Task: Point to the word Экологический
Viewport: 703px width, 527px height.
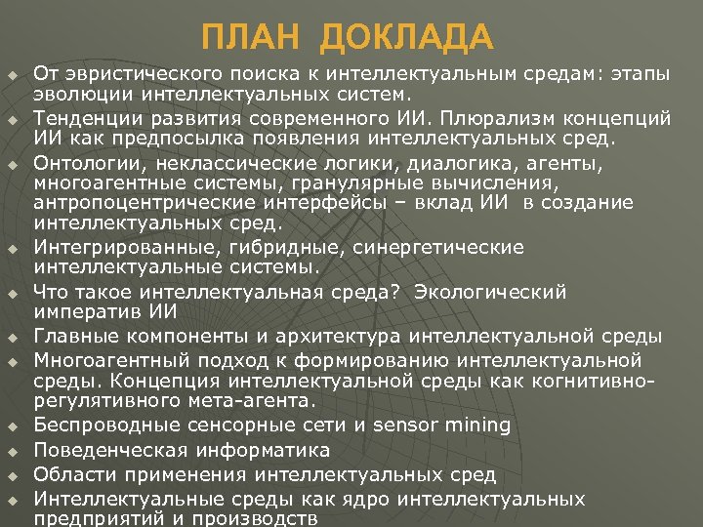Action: point(491,292)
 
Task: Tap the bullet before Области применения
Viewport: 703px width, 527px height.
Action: point(13,476)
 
